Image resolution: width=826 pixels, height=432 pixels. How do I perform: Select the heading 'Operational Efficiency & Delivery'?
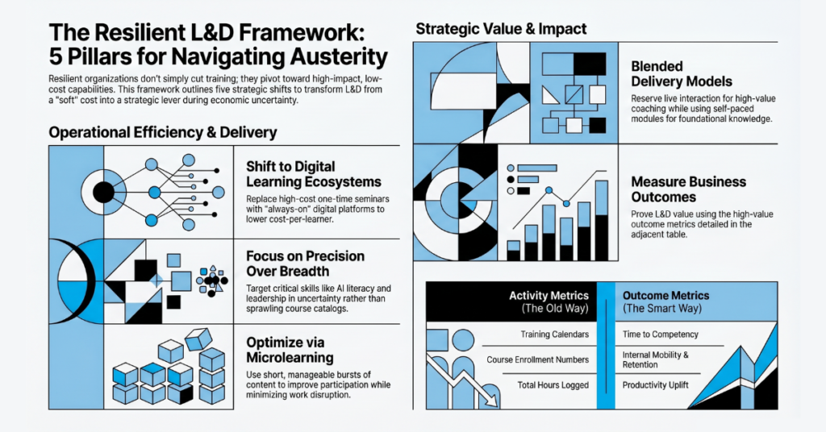click(163, 132)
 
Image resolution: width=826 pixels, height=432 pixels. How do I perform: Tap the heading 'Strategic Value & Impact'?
click(501, 29)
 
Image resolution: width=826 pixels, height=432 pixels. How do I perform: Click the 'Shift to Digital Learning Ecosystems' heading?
click(314, 174)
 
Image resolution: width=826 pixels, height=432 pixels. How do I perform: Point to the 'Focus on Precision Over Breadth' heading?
click(305, 264)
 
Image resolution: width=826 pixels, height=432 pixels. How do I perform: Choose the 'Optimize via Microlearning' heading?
click(290, 350)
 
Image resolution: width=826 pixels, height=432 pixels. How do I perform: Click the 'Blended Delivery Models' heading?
click(682, 74)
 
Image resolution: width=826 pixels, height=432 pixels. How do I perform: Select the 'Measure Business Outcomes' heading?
click(689, 189)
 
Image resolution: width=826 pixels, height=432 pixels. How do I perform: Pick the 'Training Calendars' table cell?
click(555, 334)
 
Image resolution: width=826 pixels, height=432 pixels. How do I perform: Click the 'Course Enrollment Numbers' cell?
click(538, 359)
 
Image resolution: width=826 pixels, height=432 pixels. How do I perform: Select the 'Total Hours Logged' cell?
click(553, 384)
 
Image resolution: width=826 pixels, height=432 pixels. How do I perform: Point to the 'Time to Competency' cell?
click(661, 334)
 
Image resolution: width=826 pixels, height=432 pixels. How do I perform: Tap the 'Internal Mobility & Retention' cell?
click(655, 360)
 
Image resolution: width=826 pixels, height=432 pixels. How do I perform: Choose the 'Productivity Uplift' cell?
click(655, 384)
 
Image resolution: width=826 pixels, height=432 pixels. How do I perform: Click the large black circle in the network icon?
click(104, 193)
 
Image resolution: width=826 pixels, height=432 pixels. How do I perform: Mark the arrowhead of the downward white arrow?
click(492, 401)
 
